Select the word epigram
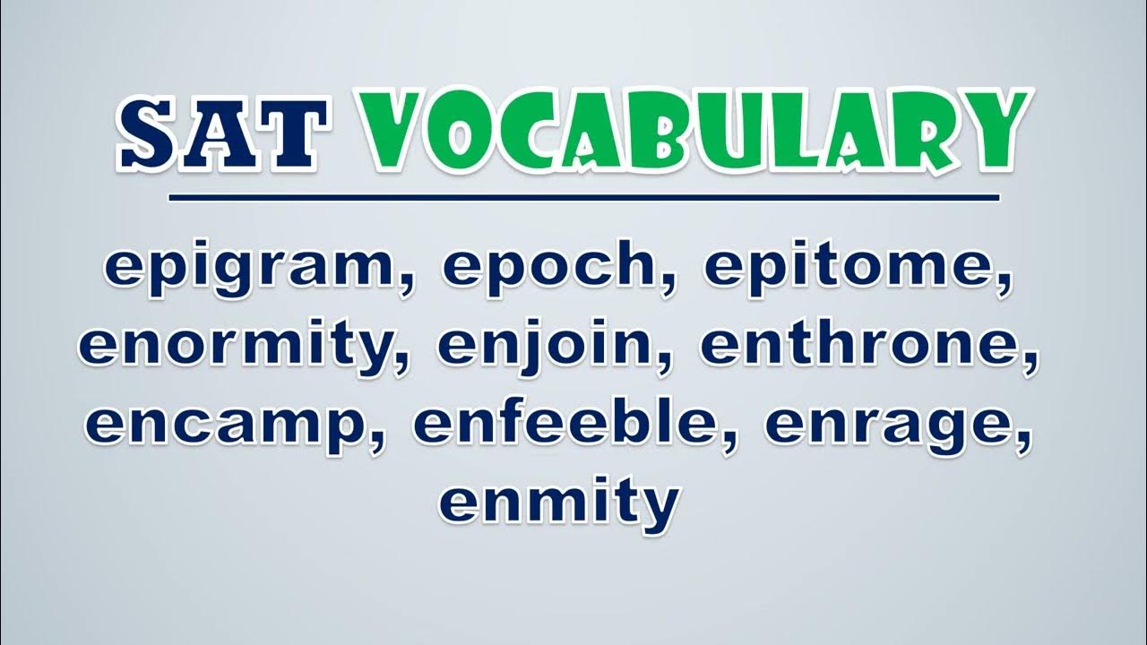(250, 270)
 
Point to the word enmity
(559, 502)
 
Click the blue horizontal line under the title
(583, 198)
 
